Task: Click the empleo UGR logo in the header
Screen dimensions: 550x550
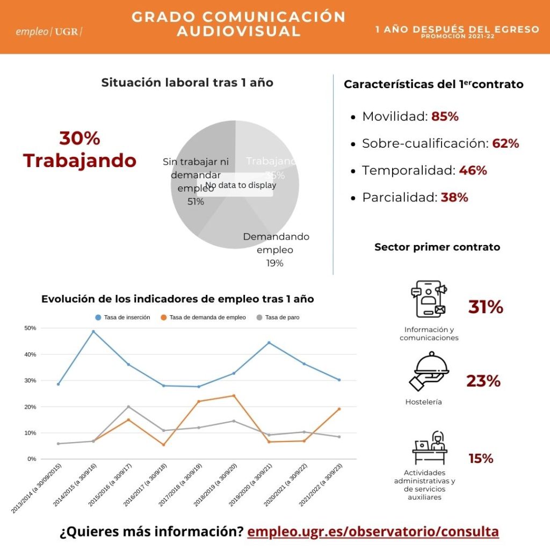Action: pyautogui.click(x=49, y=31)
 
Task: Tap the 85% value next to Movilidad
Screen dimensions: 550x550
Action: pyautogui.click(x=445, y=117)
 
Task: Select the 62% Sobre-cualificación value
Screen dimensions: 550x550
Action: pyautogui.click(x=505, y=143)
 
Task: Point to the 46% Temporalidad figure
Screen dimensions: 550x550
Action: pyautogui.click(x=473, y=171)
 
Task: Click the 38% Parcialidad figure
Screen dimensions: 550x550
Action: pyautogui.click(x=454, y=198)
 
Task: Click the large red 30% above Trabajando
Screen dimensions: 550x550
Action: pyautogui.click(x=79, y=138)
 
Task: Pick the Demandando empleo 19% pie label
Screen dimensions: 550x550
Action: pyautogui.click(x=276, y=250)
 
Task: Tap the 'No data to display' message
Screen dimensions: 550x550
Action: pyautogui.click(x=241, y=185)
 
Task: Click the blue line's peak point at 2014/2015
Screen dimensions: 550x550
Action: pyautogui.click(x=93, y=331)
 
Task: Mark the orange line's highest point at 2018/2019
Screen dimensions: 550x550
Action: pyautogui.click(x=234, y=396)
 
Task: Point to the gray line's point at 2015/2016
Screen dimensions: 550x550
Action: pyautogui.click(x=128, y=407)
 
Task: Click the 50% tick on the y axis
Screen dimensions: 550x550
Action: pyautogui.click(x=31, y=328)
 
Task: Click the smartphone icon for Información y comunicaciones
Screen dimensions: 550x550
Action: pyautogui.click(x=428, y=299)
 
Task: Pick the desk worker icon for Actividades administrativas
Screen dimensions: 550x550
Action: pyautogui.click(x=430, y=447)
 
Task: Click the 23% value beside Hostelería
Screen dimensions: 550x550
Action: pyautogui.click(x=483, y=381)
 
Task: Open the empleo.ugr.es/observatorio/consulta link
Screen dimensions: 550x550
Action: pyautogui.click(x=373, y=532)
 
